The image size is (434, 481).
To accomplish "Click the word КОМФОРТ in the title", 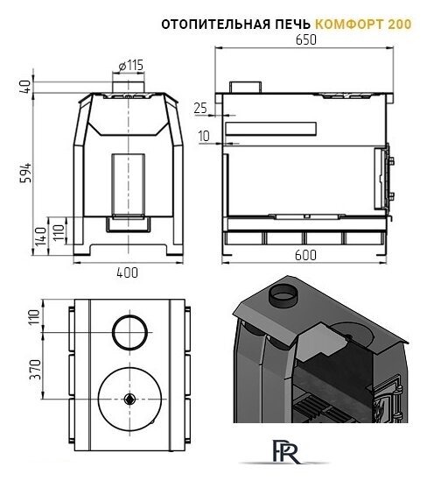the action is [x=349, y=24].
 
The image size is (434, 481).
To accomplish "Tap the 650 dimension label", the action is [x=306, y=40].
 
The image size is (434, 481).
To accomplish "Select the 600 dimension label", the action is [x=305, y=255].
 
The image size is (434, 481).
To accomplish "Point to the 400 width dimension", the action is [x=128, y=272].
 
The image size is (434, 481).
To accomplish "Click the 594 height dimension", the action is [x=25, y=173].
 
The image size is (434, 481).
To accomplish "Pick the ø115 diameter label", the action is [x=130, y=66].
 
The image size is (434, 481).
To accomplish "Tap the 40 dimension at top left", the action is [x=25, y=87].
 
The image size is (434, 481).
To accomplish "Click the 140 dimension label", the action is [x=40, y=237].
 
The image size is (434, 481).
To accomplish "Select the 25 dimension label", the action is [x=200, y=108].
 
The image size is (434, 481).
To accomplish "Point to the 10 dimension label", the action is [x=204, y=136].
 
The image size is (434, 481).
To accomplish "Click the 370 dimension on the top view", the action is [x=36, y=370].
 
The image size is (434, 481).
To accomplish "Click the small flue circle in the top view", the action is [x=129, y=332].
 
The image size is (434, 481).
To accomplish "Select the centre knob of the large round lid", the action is [x=129, y=399].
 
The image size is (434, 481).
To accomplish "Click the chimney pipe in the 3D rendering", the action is [x=283, y=294].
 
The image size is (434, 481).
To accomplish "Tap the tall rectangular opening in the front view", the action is [x=129, y=186].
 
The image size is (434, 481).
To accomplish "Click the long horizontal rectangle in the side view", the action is [x=270, y=129].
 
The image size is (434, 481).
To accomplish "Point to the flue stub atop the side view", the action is [x=246, y=87].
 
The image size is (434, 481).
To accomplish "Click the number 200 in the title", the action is [x=400, y=24].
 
